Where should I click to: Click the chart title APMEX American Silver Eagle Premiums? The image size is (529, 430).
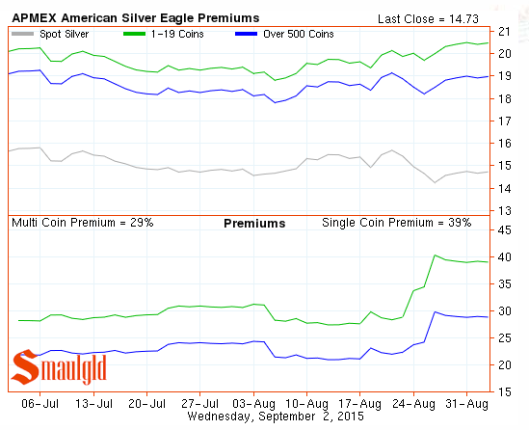135,17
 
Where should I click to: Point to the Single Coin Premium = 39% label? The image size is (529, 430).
396,223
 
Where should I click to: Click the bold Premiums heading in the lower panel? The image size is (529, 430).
254,223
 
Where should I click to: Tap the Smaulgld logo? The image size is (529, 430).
59,367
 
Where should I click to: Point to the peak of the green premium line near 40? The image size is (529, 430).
436,255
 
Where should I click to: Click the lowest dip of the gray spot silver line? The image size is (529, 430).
436,181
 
